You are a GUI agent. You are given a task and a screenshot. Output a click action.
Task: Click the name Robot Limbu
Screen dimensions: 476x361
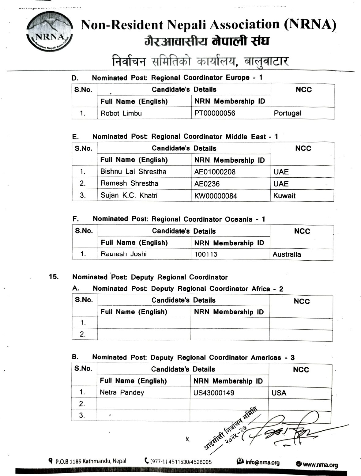pyautogui.click(x=121, y=113)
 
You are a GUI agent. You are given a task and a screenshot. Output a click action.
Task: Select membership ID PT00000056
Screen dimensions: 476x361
pyautogui.click(x=215, y=113)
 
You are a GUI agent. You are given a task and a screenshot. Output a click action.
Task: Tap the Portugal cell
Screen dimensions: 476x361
pyautogui.click(x=288, y=113)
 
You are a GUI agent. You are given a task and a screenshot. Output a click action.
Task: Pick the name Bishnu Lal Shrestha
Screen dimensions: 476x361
pyautogui.click(x=133, y=172)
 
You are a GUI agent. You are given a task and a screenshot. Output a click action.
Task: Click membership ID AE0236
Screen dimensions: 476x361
pyautogui.click(x=207, y=184)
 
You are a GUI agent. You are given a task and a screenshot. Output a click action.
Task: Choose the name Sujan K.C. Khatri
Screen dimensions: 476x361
pyautogui.click(x=129, y=195)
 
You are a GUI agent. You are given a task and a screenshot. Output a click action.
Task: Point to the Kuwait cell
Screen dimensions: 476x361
pyautogui.click(x=284, y=195)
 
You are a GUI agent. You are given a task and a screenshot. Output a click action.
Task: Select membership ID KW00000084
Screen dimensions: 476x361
pyautogui.click(x=216, y=196)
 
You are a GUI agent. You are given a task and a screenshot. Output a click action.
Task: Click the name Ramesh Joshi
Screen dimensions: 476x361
pyautogui.click(x=124, y=254)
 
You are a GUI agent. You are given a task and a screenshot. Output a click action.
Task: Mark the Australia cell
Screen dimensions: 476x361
pyautogui.click(x=287, y=254)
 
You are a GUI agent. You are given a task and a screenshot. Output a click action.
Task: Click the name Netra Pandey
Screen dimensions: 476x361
pyautogui.click(x=122, y=392)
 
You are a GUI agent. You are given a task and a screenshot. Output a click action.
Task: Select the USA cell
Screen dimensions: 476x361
pyautogui.click(x=279, y=393)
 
